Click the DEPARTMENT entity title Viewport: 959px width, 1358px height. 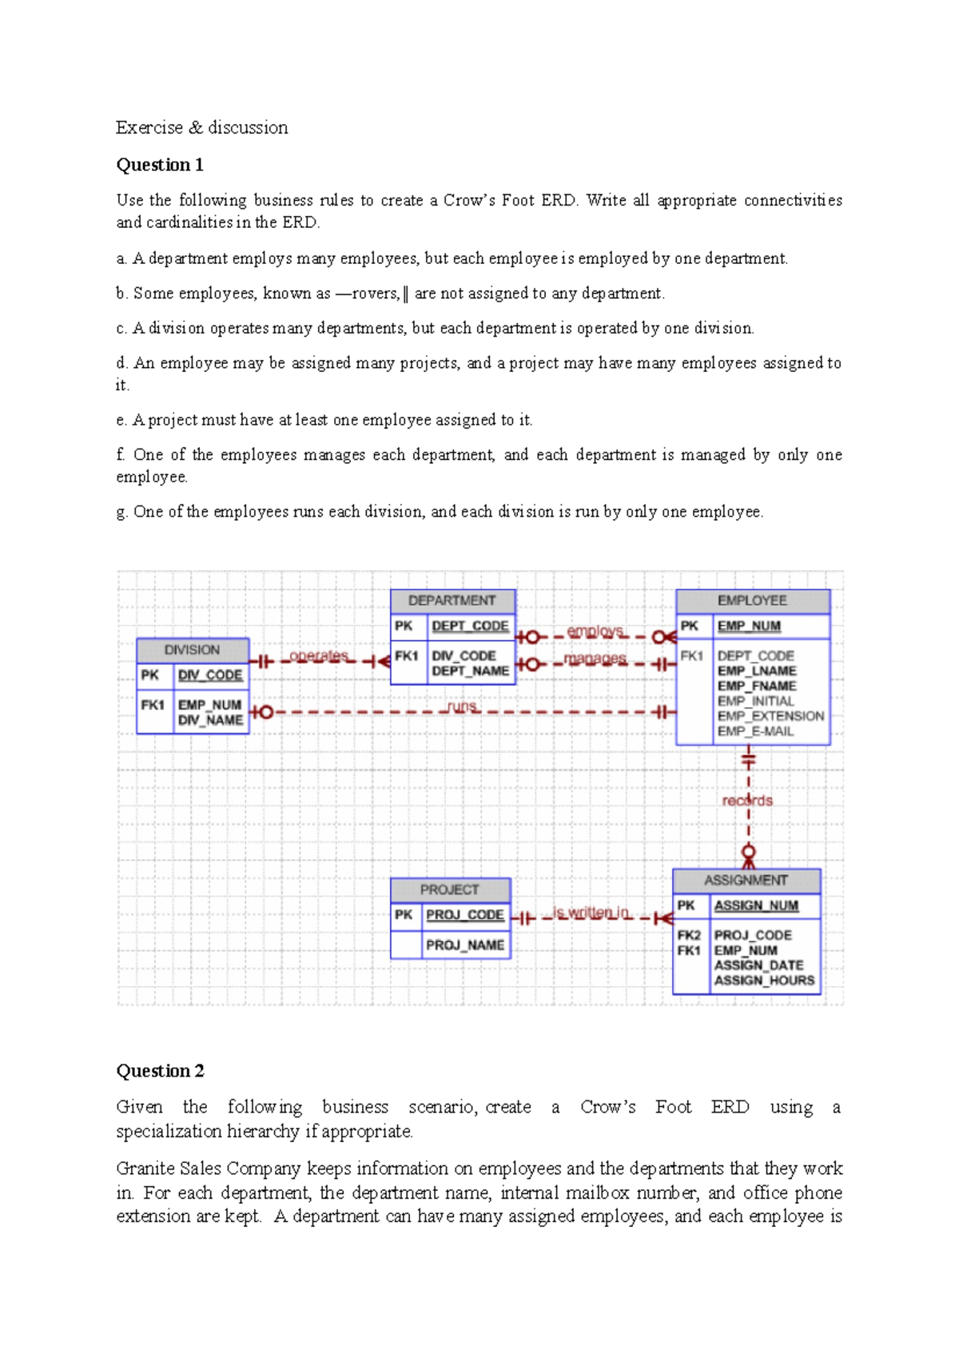pyautogui.click(x=452, y=601)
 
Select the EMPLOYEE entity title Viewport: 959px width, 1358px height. pyautogui.click(x=752, y=601)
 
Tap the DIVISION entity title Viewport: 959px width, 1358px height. pyautogui.click(x=192, y=650)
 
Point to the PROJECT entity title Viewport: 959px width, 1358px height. pyautogui.click(x=449, y=889)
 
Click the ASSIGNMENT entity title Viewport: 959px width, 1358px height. pyautogui.click(x=746, y=881)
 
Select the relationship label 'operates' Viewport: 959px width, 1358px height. pyautogui.click(x=319, y=656)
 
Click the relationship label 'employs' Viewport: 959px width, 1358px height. pyautogui.click(x=595, y=631)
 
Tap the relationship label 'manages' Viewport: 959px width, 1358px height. pyautogui.click(x=595, y=658)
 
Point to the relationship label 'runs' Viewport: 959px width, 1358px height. pyautogui.click(x=463, y=706)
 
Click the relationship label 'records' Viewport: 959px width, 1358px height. pyautogui.click(x=747, y=801)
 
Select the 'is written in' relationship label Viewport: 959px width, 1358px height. pyautogui.click(x=591, y=913)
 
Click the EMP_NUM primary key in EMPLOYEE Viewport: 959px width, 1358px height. pyautogui.click(x=749, y=626)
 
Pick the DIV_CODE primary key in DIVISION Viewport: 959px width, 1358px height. pyautogui.click(x=210, y=675)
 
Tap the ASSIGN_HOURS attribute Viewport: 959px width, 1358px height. pyautogui.click(x=764, y=981)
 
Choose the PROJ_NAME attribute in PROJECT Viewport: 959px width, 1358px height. pyautogui.click(x=464, y=945)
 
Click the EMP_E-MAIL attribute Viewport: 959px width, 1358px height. pyautogui.click(x=755, y=731)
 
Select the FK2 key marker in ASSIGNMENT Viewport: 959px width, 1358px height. pyautogui.click(x=689, y=935)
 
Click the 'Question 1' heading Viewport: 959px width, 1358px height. pyautogui.click(x=160, y=165)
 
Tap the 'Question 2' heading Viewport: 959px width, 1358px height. pyautogui.click(x=160, y=1071)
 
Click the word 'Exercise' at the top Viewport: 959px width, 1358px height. pyautogui.click(x=149, y=128)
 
